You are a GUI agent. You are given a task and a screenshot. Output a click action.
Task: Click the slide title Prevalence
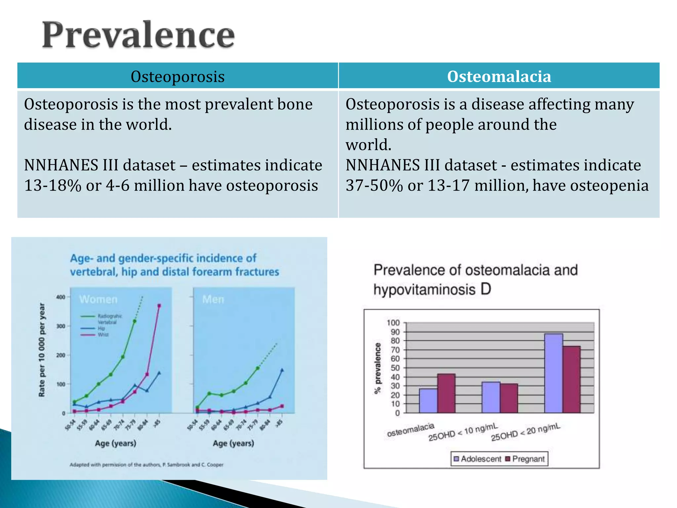pyautogui.click(x=138, y=35)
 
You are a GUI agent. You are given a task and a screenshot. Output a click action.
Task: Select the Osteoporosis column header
pyautogui.click(x=178, y=76)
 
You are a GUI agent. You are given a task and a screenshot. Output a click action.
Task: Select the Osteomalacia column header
pyautogui.click(x=499, y=76)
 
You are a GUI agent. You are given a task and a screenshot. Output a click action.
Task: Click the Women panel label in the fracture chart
pyautogui.click(x=98, y=299)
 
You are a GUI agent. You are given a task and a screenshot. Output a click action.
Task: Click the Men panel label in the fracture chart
pyautogui.click(x=213, y=299)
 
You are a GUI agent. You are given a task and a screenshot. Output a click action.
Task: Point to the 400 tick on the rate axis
pyautogui.click(x=60, y=297)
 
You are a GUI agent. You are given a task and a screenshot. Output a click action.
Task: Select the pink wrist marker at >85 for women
pyautogui.click(x=159, y=306)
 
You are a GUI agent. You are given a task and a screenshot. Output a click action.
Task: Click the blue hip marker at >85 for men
pyautogui.click(x=282, y=370)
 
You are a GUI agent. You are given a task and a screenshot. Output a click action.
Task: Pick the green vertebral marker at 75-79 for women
pyautogui.click(x=135, y=321)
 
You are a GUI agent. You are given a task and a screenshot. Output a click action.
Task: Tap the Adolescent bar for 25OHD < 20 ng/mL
pyautogui.click(x=553, y=373)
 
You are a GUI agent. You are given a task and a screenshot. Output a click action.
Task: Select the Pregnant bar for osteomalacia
pyautogui.click(x=446, y=393)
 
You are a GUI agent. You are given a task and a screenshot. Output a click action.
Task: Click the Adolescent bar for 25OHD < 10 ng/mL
pyautogui.click(x=491, y=397)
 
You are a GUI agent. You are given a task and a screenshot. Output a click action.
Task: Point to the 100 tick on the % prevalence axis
pyautogui.click(x=393, y=322)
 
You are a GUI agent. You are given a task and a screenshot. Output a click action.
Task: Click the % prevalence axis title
pyautogui.click(x=378, y=368)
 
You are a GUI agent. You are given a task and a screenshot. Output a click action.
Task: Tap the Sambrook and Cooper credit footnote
pyautogui.click(x=146, y=465)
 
